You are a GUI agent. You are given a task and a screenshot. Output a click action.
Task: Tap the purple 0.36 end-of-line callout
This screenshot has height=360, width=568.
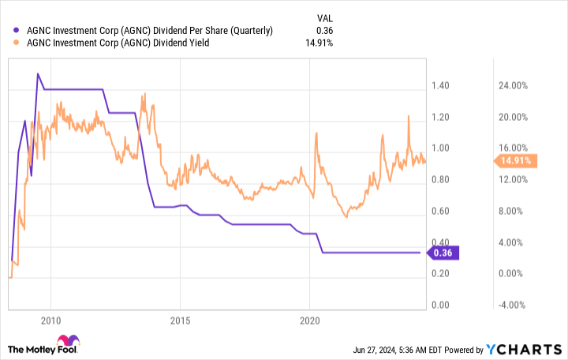pos(445,253)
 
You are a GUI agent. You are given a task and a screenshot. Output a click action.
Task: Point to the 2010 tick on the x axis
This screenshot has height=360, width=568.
pos(50,321)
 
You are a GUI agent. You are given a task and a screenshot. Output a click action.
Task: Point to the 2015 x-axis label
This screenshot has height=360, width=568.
pos(180,321)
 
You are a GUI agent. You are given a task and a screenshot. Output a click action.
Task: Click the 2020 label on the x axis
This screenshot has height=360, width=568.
pos(310,321)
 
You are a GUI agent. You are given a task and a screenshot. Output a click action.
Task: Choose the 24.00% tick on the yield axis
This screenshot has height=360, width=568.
pos(511,85)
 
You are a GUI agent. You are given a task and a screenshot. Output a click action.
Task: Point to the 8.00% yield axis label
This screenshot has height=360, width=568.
pos(511,211)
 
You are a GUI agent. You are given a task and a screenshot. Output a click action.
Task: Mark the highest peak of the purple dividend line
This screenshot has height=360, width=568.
pos(38,73)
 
